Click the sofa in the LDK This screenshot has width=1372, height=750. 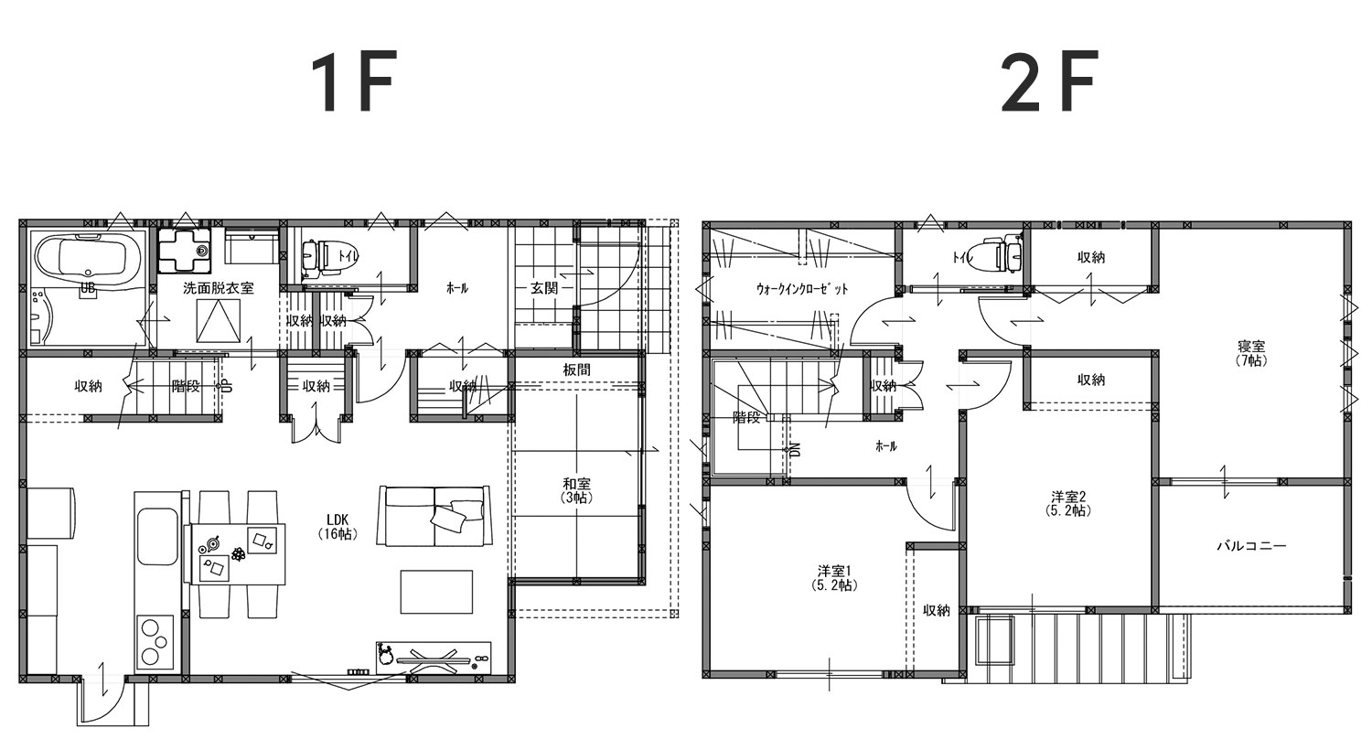[x=434, y=516]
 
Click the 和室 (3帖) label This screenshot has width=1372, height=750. [x=576, y=490]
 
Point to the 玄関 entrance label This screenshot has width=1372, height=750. [x=543, y=288]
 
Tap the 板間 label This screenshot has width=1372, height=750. [x=576, y=370]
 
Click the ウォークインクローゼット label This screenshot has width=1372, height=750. [x=802, y=289]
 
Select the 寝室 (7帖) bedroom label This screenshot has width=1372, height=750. [x=1250, y=353]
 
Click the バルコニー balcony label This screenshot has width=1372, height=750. [x=1251, y=545]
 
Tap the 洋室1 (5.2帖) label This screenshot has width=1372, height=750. [x=833, y=578]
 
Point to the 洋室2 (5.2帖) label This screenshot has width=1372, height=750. [x=1068, y=503]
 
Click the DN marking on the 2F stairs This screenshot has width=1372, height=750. [x=795, y=450]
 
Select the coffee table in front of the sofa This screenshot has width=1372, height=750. [x=436, y=592]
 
